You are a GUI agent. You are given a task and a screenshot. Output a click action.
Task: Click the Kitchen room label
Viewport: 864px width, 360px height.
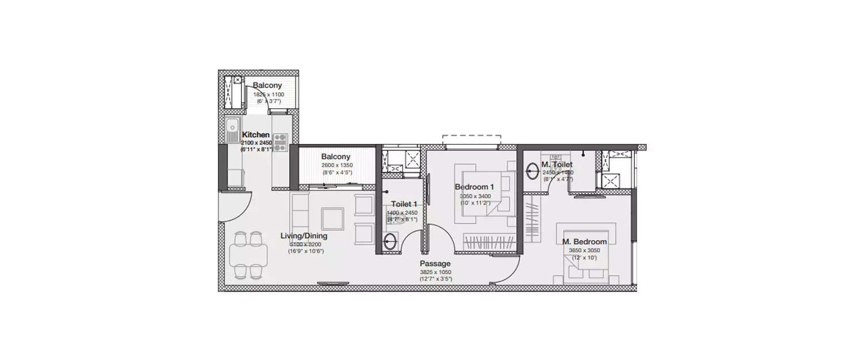pos(256,135)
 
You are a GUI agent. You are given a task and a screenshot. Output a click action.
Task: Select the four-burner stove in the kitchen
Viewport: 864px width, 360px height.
pos(280,142)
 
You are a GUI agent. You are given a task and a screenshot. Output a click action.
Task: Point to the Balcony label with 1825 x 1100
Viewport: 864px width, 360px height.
pos(267,86)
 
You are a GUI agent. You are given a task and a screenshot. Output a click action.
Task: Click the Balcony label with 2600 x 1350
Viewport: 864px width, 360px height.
pos(336,157)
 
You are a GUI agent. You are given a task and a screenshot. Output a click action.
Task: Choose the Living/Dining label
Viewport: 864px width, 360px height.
pos(304,236)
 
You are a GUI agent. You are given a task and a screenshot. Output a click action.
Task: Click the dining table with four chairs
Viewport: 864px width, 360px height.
pos(248,255)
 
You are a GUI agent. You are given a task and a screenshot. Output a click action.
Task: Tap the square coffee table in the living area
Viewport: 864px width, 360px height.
pos(333,218)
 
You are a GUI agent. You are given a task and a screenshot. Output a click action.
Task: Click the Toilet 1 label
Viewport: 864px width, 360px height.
pos(404,204)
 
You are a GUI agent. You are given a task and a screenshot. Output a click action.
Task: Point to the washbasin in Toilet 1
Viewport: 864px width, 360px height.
pos(390,242)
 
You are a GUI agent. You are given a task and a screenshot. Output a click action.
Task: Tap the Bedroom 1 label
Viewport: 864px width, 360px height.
pos(474,187)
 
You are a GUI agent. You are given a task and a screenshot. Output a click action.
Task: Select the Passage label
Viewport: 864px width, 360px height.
pos(435,264)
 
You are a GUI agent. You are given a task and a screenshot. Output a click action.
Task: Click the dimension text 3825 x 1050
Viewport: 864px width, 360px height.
pos(435,272)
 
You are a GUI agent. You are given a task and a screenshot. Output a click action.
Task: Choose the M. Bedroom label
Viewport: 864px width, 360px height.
pos(585,242)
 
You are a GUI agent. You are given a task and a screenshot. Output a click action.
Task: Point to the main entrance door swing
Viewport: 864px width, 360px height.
pos(236,206)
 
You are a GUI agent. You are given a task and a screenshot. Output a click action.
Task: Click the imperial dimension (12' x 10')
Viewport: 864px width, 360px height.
pos(585,257)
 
